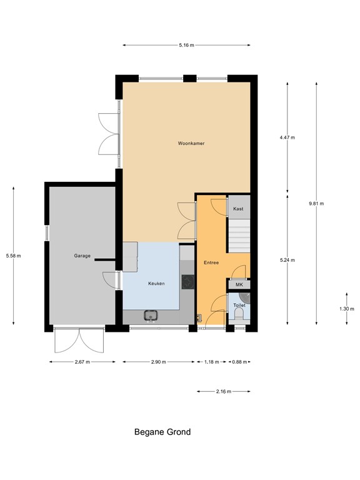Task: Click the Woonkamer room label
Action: click(x=191, y=143)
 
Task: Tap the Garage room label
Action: click(x=82, y=256)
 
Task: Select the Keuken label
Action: click(x=156, y=283)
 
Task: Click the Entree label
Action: click(x=211, y=262)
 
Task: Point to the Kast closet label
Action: click(x=238, y=208)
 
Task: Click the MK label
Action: click(x=239, y=285)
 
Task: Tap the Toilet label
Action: click(x=239, y=305)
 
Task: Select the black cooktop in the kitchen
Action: click(x=187, y=282)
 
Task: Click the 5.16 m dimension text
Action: click(x=186, y=45)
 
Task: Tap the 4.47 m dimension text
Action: click(x=287, y=137)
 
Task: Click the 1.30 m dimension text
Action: click(x=346, y=308)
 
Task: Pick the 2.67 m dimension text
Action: click(x=82, y=362)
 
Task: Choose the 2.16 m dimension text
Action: click(x=223, y=392)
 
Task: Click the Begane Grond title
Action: click(x=162, y=432)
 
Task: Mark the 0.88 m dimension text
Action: click(x=239, y=362)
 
